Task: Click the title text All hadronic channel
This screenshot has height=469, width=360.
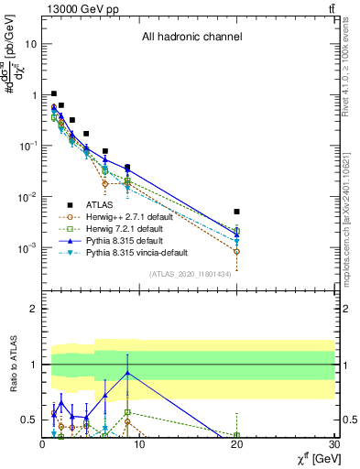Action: coord(191,38)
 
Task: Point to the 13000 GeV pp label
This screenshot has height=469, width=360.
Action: coord(75,8)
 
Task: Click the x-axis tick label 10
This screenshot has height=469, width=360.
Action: coord(138,444)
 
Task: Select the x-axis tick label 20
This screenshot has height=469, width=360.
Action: coord(236,444)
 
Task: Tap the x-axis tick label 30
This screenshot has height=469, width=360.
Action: coord(333,444)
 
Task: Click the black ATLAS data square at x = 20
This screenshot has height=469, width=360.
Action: coord(236,212)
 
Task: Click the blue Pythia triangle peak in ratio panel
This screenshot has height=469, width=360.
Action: coord(127,373)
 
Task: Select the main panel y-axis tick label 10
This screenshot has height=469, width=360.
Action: coord(32,44)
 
